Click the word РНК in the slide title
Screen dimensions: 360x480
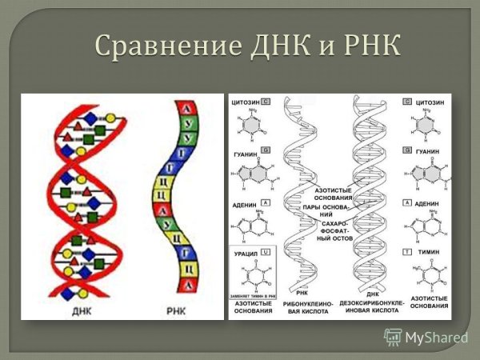coord(365,46)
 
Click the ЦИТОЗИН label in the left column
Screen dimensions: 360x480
coord(245,102)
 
